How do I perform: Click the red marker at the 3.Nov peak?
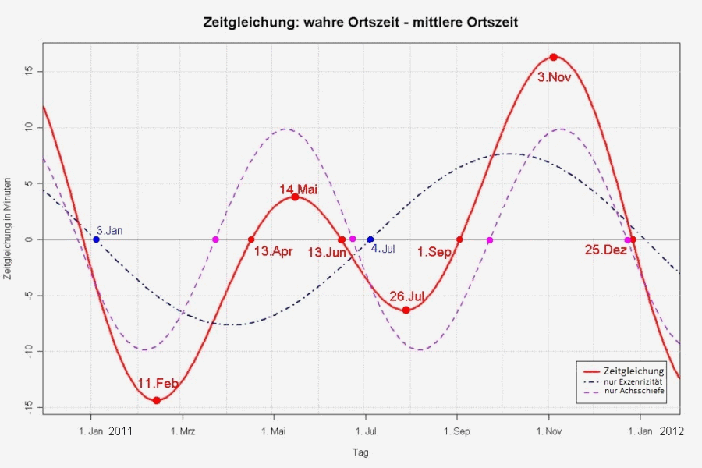point(553,57)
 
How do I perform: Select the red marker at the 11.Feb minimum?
point(157,400)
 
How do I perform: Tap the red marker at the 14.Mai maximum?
point(295,197)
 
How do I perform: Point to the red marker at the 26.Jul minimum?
point(406,310)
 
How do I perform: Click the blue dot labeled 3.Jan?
point(96,239)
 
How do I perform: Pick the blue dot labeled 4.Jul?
point(370,239)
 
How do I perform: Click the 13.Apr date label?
point(273,252)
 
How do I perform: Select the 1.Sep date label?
point(434,252)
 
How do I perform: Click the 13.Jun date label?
point(326,252)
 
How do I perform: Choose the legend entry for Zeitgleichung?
point(634,370)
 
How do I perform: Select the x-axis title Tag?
point(360,452)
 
